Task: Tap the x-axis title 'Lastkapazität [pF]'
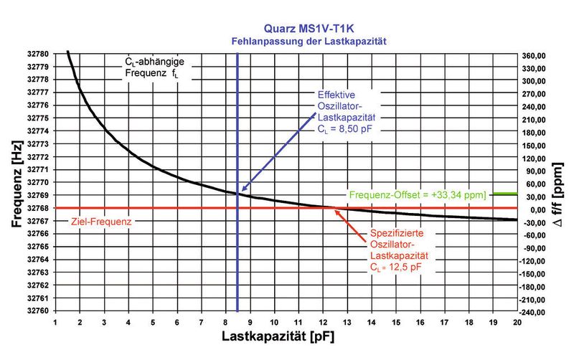[x=283, y=335]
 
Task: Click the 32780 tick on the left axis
[x=37, y=55]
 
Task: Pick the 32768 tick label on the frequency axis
[x=37, y=209]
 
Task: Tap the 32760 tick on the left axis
[x=37, y=311]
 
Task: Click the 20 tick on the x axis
[x=516, y=322]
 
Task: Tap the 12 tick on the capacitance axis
[x=322, y=322]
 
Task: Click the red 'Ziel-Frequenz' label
[x=101, y=222]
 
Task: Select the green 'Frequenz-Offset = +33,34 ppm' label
[x=418, y=194]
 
